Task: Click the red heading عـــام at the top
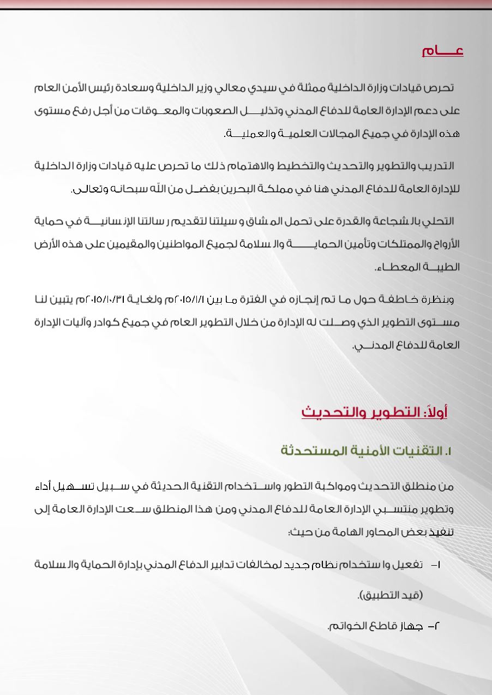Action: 442,51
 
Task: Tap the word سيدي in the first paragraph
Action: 271,88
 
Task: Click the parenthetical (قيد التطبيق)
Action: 390,595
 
